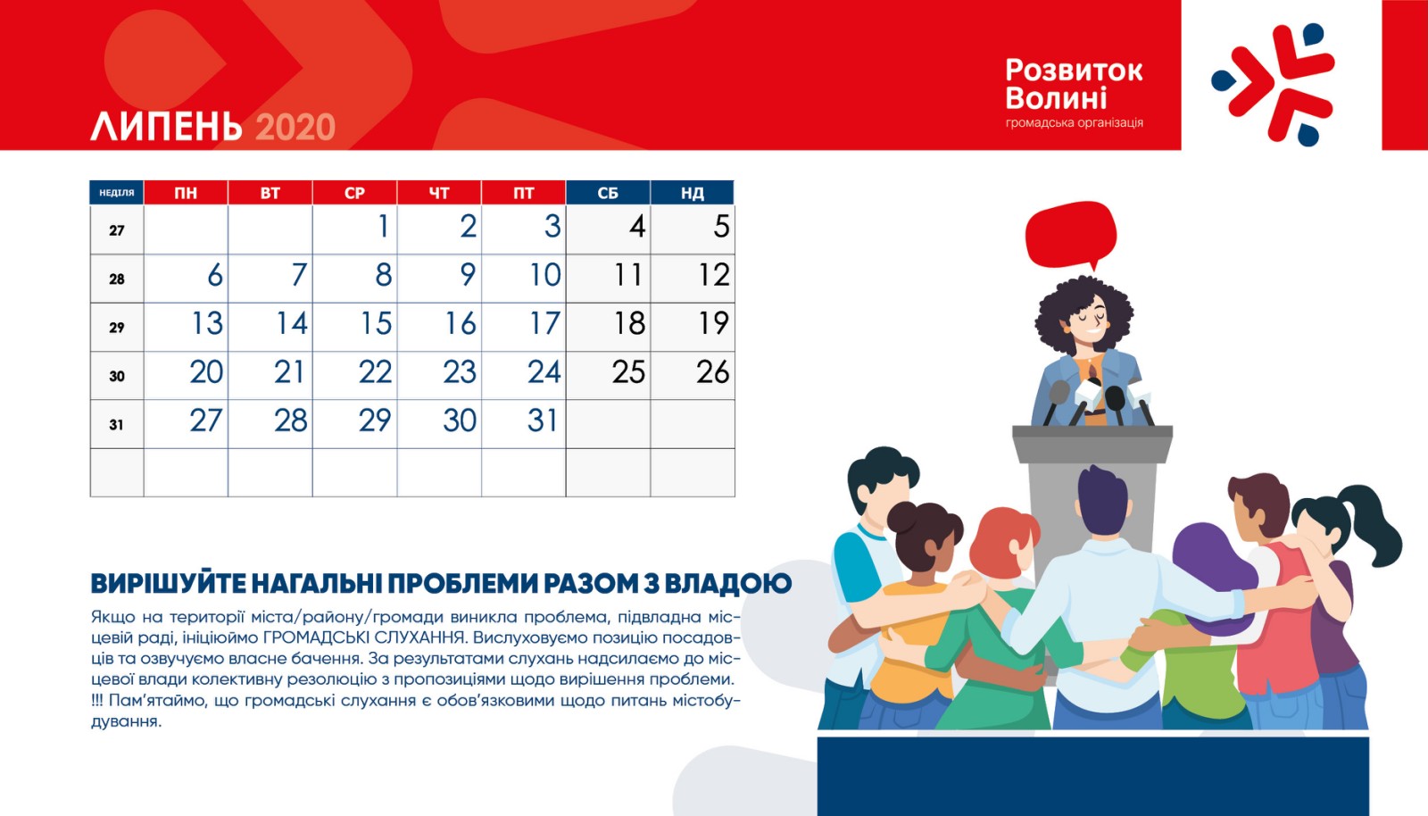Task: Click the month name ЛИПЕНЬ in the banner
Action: click(166, 126)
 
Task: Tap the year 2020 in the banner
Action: click(295, 127)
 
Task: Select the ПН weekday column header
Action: click(186, 193)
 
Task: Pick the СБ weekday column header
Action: click(608, 193)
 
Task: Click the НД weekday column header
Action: click(693, 193)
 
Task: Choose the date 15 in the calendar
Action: click(376, 323)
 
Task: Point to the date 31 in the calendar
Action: click(544, 420)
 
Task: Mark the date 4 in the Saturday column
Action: click(637, 226)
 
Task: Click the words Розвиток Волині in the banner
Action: click(1074, 84)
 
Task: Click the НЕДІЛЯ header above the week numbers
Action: click(117, 193)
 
